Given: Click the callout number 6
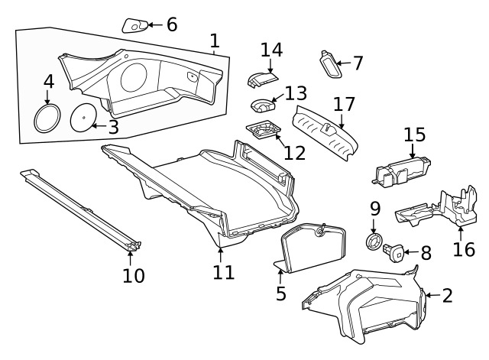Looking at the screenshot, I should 172,24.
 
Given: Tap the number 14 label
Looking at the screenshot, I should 270,50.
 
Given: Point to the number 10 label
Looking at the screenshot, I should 133,275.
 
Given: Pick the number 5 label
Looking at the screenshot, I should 281,294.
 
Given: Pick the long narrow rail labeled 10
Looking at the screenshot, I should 80,209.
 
